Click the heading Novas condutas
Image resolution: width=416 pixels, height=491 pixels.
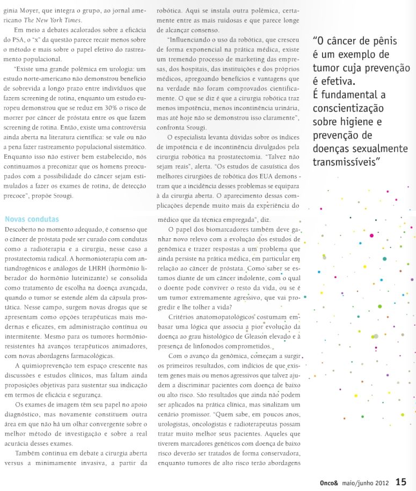pos(32,219)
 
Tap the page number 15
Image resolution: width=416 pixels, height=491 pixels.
pos(401,482)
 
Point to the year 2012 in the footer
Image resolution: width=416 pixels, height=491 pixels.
pos(382,482)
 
